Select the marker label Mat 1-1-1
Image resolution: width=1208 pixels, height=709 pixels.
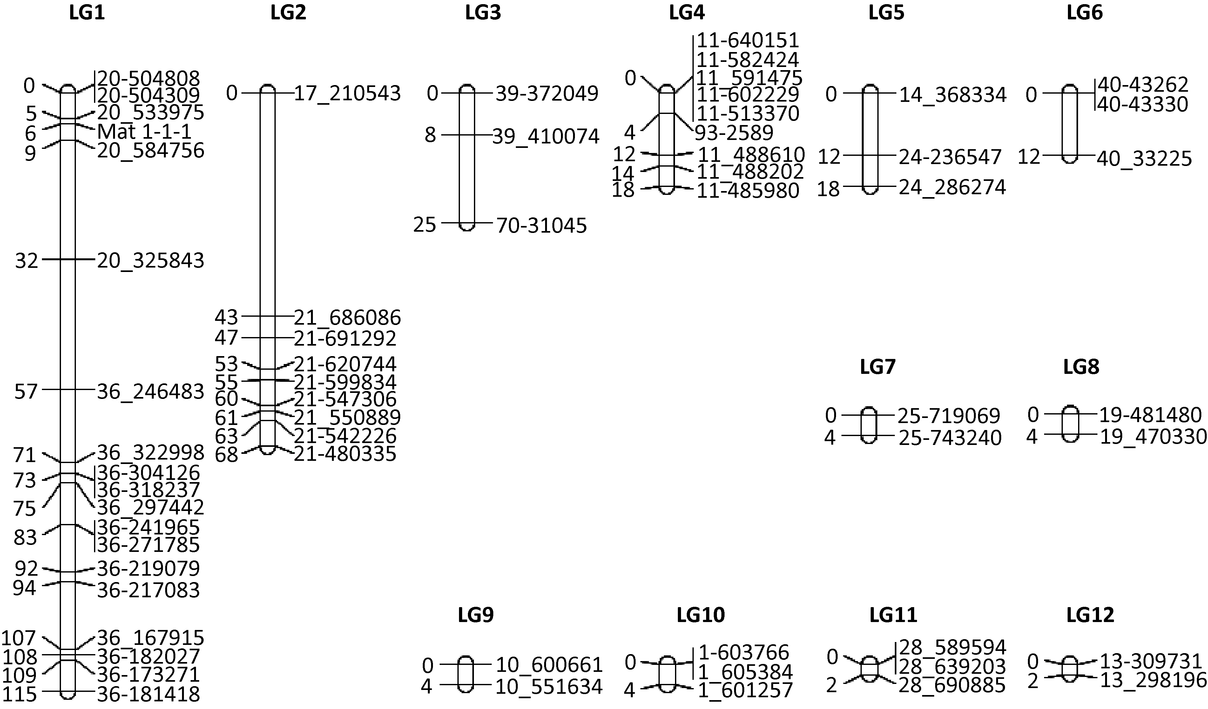pyautogui.click(x=144, y=132)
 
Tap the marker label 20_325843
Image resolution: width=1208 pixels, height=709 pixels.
pyautogui.click(x=151, y=261)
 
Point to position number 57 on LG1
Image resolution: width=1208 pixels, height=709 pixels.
pyautogui.click(x=26, y=392)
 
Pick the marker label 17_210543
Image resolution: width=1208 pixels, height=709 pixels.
pyautogui.click(x=347, y=93)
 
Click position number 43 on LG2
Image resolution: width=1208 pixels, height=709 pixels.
pyautogui.click(x=226, y=317)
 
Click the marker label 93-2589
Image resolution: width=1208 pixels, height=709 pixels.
pyautogui.click(x=735, y=133)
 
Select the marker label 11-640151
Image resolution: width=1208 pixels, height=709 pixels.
pyautogui.click(x=747, y=40)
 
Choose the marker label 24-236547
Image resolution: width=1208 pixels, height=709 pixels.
pyautogui.click(x=950, y=157)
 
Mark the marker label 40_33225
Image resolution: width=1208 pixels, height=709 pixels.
pyautogui.click(x=1144, y=159)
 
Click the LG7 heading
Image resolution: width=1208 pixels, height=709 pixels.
pyautogui.click(x=877, y=367)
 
